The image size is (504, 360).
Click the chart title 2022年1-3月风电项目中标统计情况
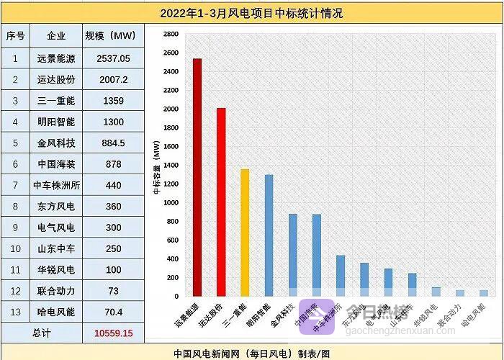point(251,14)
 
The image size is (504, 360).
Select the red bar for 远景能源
point(197,176)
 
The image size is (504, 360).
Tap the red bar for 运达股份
point(221,202)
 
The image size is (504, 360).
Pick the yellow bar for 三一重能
point(245,232)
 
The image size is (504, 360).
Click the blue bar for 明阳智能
point(269,235)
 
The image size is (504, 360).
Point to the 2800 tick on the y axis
point(171,34)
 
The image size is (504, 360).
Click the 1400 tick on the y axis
point(171,165)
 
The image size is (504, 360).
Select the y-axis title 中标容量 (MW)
point(157,169)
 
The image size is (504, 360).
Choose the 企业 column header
point(55,35)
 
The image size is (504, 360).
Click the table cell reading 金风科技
point(55,143)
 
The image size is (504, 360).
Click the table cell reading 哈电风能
point(55,312)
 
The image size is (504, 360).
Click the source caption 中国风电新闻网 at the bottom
point(209,354)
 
